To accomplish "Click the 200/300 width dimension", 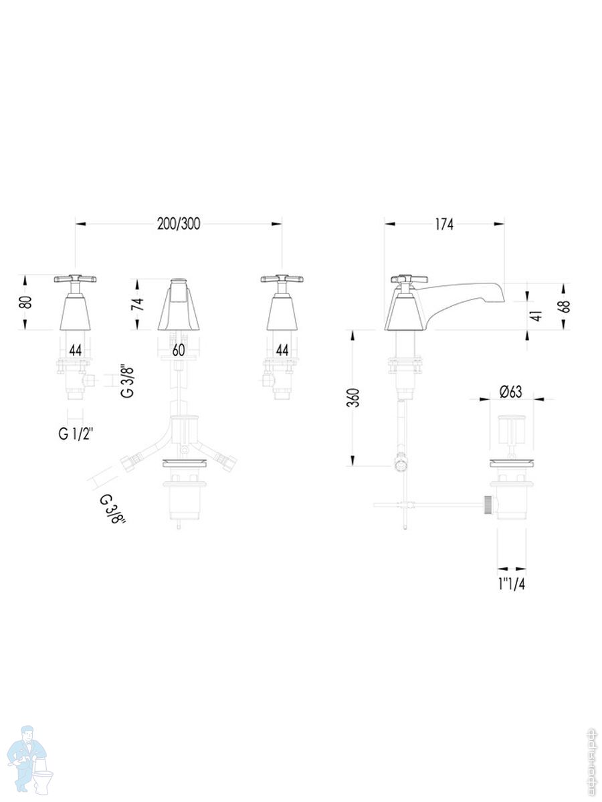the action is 179,224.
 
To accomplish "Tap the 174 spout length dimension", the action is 443,225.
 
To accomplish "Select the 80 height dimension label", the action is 26,303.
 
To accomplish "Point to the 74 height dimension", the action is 138,304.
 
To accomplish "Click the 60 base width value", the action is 179,350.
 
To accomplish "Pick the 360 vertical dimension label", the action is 355,398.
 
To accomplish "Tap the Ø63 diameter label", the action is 511,392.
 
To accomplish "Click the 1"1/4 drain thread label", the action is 511,584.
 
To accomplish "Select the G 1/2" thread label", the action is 76,434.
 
